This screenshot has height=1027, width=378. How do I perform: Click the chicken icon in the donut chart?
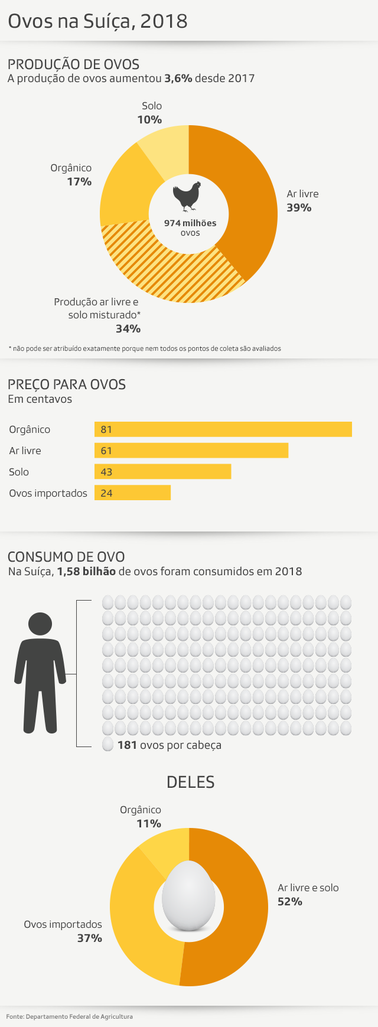[187, 196]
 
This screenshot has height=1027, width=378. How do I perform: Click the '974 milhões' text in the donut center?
[190, 223]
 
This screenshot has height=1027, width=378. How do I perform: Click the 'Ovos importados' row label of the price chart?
[48, 493]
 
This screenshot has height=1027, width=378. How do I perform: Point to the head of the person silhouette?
[40, 624]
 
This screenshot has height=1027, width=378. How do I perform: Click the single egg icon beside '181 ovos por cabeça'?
[107, 745]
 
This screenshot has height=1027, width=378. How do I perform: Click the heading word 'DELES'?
[190, 782]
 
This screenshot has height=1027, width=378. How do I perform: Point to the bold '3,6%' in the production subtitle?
[178, 79]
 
